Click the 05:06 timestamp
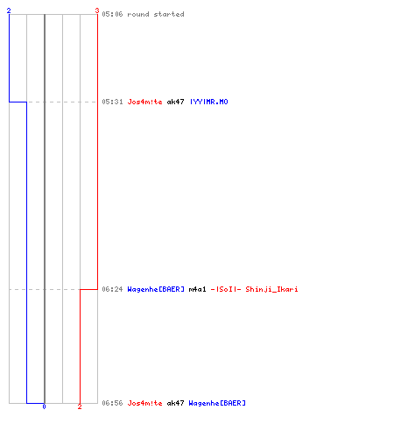(x=112, y=14)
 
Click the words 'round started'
(x=156, y=14)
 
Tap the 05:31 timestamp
(x=112, y=102)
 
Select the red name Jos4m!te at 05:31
(x=144, y=102)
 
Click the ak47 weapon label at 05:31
(x=175, y=102)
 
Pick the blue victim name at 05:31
(x=209, y=102)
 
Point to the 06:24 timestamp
(x=112, y=289)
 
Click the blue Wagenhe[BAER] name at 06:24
(x=156, y=289)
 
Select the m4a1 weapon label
(x=197, y=289)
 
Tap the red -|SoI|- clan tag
(x=226, y=289)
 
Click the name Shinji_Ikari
(x=271, y=289)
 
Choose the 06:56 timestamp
(x=112, y=403)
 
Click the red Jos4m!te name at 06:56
(x=144, y=403)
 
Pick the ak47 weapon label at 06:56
(x=175, y=403)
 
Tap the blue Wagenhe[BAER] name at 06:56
(x=217, y=403)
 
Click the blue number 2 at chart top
(x=9, y=11)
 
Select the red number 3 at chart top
(x=97, y=11)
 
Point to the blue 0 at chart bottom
(x=44, y=406)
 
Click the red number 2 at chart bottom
(x=80, y=406)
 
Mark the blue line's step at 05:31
(x=18, y=102)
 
